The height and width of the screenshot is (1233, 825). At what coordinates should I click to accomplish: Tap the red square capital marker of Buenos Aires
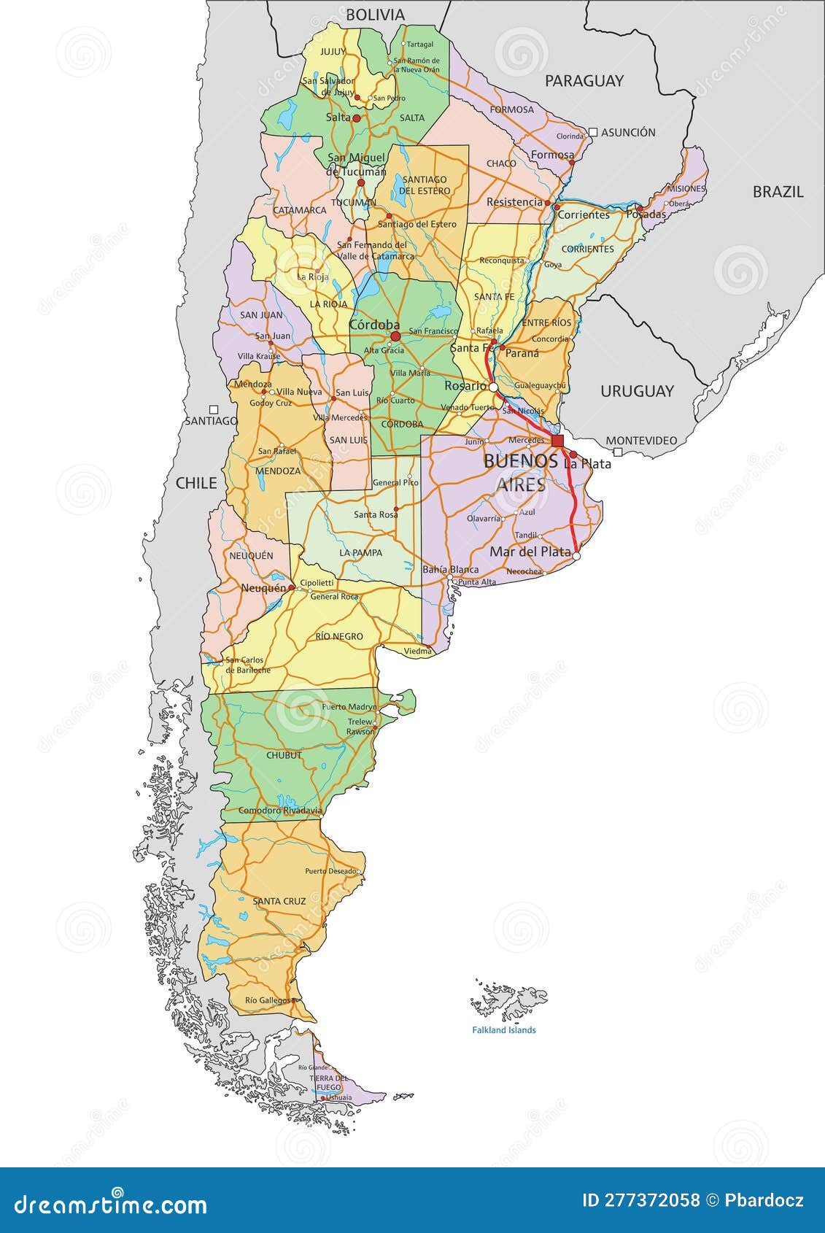coord(558,441)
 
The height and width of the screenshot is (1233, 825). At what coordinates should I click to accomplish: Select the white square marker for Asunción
coord(593,132)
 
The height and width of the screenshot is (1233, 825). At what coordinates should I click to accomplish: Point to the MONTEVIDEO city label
coord(641,441)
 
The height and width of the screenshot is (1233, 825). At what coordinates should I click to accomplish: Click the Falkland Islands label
coord(503,1030)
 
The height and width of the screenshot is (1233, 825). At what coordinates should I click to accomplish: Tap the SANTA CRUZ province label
coord(279,901)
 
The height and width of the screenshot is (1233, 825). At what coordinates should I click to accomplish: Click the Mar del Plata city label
coord(530,552)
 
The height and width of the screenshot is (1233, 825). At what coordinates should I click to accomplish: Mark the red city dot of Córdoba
coord(395,336)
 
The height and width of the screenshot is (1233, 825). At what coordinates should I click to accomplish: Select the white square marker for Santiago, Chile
coord(214,409)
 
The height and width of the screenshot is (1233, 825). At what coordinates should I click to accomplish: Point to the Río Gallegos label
coord(267,1000)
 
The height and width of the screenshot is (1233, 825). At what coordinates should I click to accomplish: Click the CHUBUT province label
coord(284,755)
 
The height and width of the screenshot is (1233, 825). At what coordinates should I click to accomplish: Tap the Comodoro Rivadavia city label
coord(280,811)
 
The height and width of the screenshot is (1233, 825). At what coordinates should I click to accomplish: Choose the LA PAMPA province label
coord(360,552)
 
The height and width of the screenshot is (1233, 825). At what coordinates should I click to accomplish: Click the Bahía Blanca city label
coord(451,569)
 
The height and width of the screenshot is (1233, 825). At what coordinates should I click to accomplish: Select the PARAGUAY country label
coord(584,81)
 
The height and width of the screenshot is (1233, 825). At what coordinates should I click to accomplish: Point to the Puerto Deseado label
coord(330,871)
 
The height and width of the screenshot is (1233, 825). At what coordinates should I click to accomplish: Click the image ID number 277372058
coord(652,1200)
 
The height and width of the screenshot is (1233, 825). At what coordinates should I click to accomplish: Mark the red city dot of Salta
coord(357,117)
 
